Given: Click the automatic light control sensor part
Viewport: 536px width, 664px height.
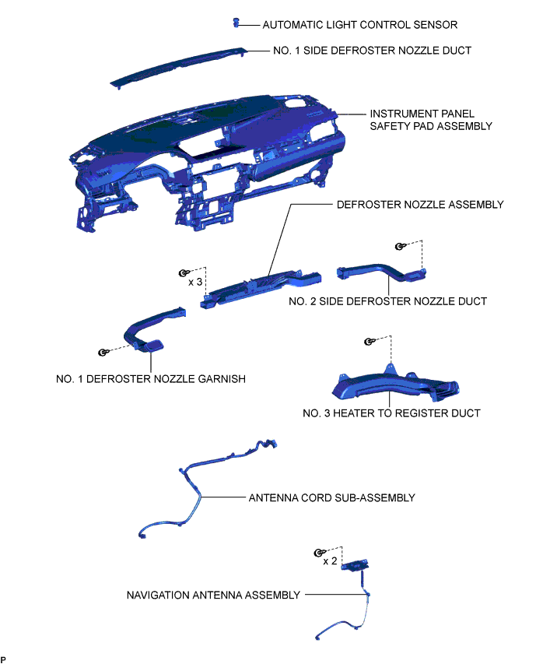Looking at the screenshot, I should [235, 23].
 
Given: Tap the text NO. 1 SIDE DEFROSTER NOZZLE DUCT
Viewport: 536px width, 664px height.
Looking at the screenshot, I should [372, 51].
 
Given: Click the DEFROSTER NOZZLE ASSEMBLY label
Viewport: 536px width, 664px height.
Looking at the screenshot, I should [420, 205].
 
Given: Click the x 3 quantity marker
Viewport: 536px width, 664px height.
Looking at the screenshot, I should [195, 281].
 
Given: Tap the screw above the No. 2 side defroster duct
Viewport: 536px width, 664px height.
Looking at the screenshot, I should [400, 246].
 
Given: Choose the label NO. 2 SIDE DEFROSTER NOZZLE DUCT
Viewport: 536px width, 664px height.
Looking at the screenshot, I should [387, 301].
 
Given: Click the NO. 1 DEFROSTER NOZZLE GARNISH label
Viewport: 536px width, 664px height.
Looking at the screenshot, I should [151, 379].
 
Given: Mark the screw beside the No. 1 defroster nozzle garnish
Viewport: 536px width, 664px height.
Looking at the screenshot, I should [103, 353].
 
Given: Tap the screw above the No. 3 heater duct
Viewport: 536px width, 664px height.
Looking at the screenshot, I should [369, 342].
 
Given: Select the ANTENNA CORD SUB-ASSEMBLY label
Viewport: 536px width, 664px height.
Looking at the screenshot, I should [331, 497].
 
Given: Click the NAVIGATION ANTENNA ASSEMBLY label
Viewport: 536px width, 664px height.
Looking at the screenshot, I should [213, 595].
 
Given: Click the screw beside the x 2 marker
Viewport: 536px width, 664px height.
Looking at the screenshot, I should [318, 553].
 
